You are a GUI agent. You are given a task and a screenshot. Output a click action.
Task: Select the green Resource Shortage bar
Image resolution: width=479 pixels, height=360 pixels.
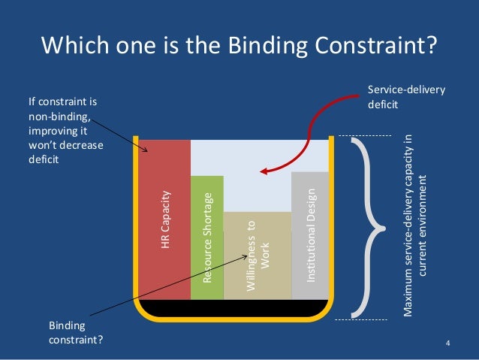[207, 271]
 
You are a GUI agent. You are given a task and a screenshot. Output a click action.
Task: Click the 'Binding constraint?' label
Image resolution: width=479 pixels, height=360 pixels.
[76, 333]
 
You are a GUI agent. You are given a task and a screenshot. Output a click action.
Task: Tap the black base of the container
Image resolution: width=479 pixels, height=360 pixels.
[233, 309]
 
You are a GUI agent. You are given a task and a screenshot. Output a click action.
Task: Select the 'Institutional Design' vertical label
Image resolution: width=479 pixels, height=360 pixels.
[310, 233]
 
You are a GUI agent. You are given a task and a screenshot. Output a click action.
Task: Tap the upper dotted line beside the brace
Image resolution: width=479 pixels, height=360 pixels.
[363, 135]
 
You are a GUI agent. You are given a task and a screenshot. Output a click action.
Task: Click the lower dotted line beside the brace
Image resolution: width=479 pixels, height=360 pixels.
[363, 319]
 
